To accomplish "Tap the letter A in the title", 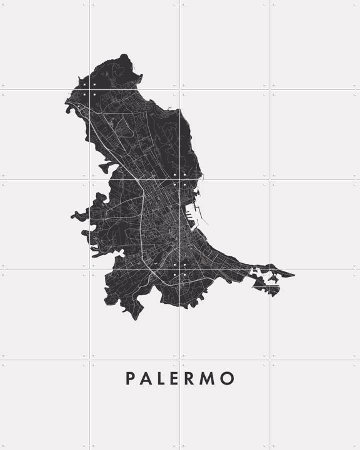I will click(x=146, y=378).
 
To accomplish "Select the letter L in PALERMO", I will click(x=161, y=378).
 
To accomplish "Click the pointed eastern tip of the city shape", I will click(x=294, y=274).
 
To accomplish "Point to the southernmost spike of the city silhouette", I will click(x=135, y=319).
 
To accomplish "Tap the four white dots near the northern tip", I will click(x=89, y=90).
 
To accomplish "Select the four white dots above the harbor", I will click(x=180, y=180).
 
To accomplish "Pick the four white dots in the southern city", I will click(x=180, y=270).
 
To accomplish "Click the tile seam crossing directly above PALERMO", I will click(x=180, y=360).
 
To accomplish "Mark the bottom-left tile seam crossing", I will click(x=90, y=360).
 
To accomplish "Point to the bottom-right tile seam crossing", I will click(x=270, y=360).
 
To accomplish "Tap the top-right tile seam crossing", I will click(x=270, y=90).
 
